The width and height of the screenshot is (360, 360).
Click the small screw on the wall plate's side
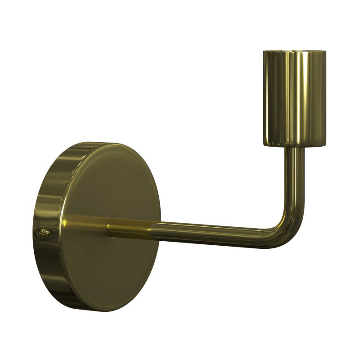point(44,233)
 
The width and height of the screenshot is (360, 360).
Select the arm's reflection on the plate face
point(85,223)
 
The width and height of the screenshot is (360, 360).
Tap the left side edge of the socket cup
point(264,99)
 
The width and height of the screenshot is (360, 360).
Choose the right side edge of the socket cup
point(326,99)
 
